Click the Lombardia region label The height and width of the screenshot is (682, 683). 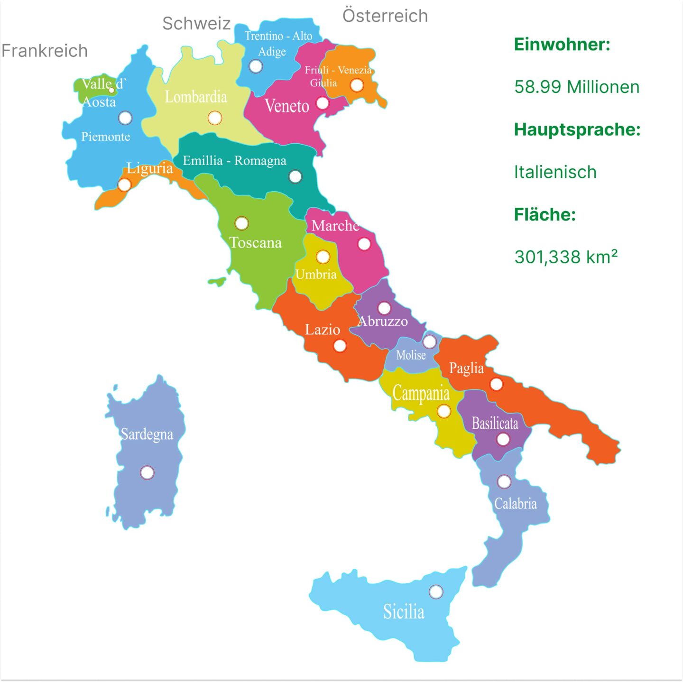[x=195, y=97]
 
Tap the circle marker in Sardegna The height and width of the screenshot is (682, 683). [x=147, y=472]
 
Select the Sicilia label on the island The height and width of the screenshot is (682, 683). [x=404, y=611]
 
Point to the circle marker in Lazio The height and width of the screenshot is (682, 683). [x=340, y=346]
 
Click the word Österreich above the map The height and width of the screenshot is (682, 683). [x=385, y=16]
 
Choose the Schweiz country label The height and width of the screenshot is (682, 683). [x=196, y=24]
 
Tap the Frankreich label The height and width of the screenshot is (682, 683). [x=45, y=51]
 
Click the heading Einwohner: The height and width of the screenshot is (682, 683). [x=562, y=45]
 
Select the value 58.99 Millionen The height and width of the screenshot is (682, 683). [x=577, y=87]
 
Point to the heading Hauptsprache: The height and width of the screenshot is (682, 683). [x=577, y=129]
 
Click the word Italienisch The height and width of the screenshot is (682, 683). [x=555, y=172]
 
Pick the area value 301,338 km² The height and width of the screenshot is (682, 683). [x=566, y=257]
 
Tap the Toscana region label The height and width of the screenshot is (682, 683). [x=256, y=243]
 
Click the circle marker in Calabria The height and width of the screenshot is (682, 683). [x=504, y=482]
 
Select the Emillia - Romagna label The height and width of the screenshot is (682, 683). [x=234, y=161]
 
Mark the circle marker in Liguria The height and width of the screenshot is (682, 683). [x=124, y=184]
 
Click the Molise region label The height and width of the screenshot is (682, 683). [x=411, y=355]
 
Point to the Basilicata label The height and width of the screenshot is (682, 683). [x=495, y=423]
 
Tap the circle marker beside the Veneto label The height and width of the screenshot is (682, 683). [x=323, y=103]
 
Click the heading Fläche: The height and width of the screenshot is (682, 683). [x=545, y=215]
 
